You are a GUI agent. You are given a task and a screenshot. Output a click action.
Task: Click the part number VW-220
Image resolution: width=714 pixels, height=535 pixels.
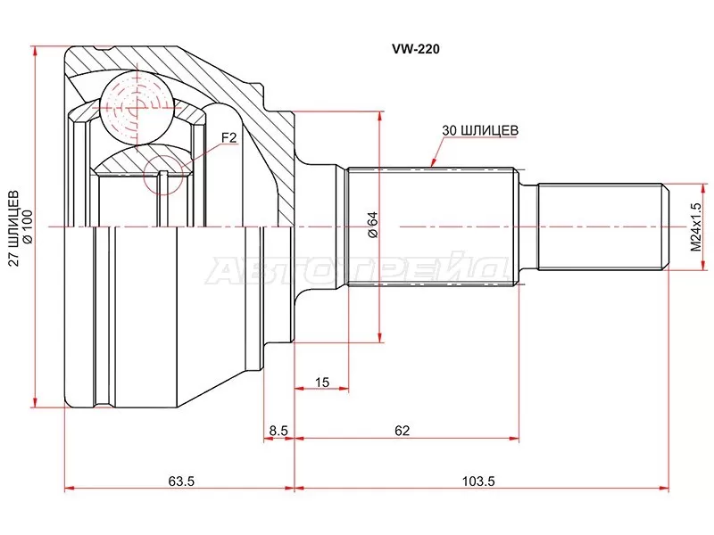click(416, 49)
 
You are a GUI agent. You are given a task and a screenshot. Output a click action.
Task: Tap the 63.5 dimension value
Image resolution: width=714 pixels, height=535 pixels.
click(181, 481)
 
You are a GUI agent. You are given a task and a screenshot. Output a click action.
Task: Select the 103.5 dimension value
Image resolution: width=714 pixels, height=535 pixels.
click(478, 481)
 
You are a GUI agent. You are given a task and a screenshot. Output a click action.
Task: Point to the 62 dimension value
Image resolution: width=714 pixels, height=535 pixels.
click(403, 431)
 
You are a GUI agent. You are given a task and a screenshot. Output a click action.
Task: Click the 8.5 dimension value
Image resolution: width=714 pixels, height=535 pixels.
click(278, 431)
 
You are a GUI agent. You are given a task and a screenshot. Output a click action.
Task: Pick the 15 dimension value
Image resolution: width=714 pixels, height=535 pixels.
click(321, 383)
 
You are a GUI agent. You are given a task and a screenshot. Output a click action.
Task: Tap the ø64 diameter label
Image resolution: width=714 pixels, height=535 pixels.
click(372, 225)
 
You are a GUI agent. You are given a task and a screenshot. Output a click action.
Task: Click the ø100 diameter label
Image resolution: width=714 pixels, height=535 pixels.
click(28, 226)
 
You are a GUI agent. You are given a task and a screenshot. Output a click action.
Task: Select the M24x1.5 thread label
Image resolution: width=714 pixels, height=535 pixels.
click(696, 226)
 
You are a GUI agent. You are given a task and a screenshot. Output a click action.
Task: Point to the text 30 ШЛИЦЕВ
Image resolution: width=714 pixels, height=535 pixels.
click(480, 130)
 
